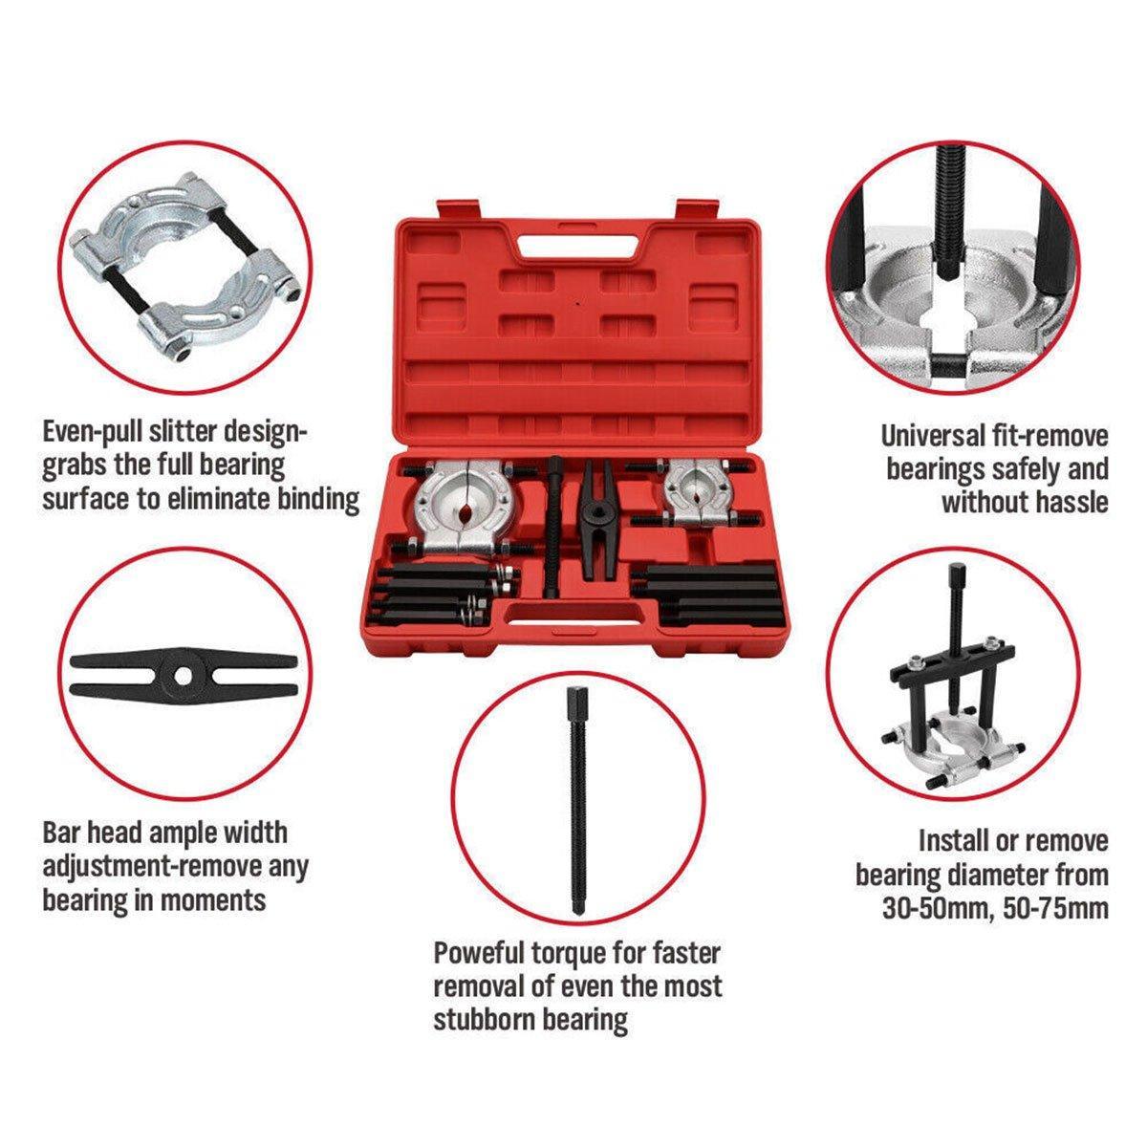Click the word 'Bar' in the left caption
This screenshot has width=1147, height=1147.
[62, 833]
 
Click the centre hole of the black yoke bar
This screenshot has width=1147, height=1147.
[184, 675]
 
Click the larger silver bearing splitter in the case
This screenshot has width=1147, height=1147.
[456, 508]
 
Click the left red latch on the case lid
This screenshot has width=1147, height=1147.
[459, 210]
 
